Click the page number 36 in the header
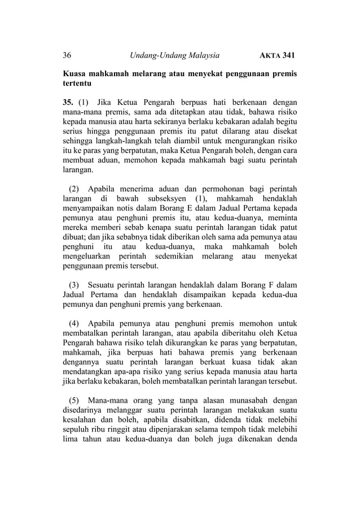[67, 55]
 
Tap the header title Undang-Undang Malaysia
[174, 55]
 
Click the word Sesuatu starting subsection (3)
[104, 284]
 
